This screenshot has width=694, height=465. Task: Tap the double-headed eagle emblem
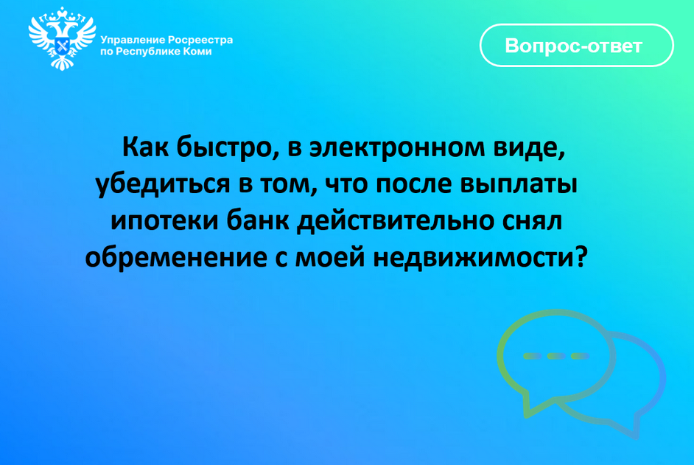point(63,39)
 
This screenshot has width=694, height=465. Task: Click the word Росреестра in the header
point(200,40)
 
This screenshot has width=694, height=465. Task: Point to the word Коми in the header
point(196,52)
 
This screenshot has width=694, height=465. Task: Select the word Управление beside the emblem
point(133,40)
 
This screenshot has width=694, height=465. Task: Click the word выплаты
point(525,184)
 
